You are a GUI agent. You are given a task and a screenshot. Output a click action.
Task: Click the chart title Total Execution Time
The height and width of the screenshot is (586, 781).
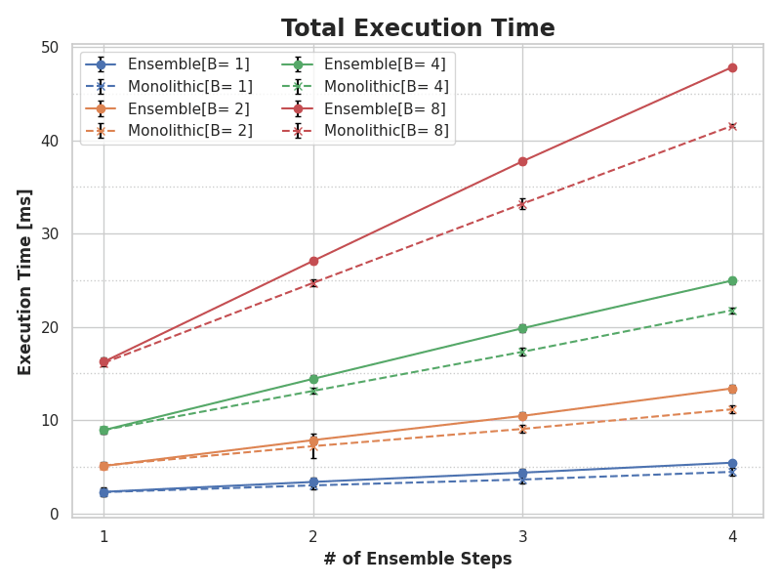pos(418,28)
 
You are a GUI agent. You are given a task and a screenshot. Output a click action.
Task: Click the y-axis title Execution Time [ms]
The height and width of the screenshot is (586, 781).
pos(25,281)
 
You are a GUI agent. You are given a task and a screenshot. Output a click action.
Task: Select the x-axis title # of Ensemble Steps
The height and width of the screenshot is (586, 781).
pos(418,560)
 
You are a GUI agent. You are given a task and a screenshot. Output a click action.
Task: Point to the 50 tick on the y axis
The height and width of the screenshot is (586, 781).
pos(49,48)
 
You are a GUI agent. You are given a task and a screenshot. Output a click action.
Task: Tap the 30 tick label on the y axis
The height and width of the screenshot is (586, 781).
pos(49,234)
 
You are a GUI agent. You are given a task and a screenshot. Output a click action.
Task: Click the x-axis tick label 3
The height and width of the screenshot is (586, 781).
pos(522,535)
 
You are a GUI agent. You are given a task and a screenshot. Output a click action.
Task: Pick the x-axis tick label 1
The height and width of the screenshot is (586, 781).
pos(103,535)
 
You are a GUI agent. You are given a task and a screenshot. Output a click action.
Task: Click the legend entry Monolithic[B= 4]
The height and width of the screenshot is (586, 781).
pos(387,87)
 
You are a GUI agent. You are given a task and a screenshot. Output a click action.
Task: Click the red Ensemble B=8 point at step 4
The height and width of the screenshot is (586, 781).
pos(732,67)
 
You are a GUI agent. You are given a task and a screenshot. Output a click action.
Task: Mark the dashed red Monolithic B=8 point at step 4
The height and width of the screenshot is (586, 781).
pos(732,126)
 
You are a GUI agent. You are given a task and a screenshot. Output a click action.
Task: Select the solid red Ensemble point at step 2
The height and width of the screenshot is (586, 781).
pos(313,261)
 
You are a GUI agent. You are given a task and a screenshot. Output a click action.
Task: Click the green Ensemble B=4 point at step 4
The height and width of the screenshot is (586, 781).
pos(732,280)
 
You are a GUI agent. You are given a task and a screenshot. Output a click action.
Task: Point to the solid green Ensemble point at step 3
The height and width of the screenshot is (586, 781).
pos(522,328)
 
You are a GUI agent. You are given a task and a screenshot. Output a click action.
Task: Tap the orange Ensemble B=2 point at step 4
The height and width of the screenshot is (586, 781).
pos(732,389)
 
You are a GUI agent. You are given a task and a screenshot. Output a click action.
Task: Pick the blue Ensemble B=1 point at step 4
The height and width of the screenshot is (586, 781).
pos(732,463)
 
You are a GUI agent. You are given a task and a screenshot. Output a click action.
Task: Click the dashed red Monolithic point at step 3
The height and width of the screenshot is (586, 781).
pos(522,204)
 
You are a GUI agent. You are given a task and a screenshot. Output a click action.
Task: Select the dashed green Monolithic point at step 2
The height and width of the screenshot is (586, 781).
pos(313,391)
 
